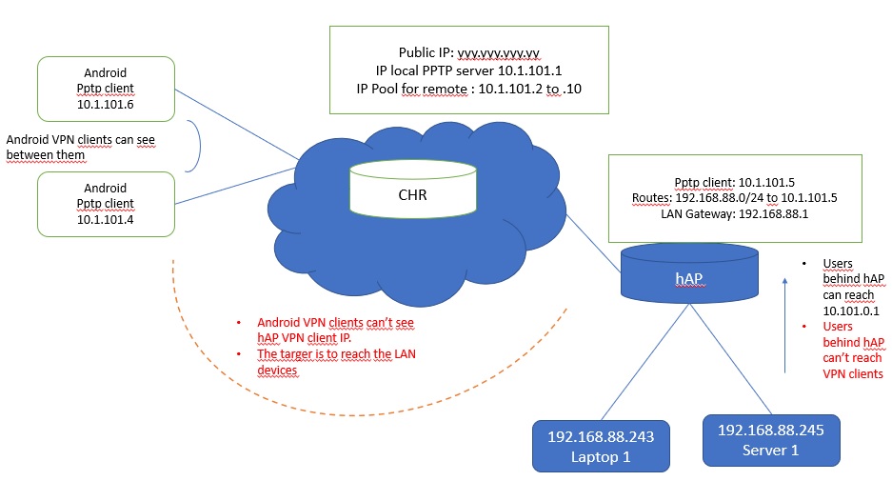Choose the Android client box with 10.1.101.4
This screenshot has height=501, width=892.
click(x=106, y=203)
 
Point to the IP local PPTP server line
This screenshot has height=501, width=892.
click(x=468, y=70)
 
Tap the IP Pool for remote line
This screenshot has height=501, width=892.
click(x=468, y=89)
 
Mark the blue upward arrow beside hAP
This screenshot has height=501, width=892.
click(x=785, y=324)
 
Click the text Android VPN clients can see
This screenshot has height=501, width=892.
click(x=80, y=140)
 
